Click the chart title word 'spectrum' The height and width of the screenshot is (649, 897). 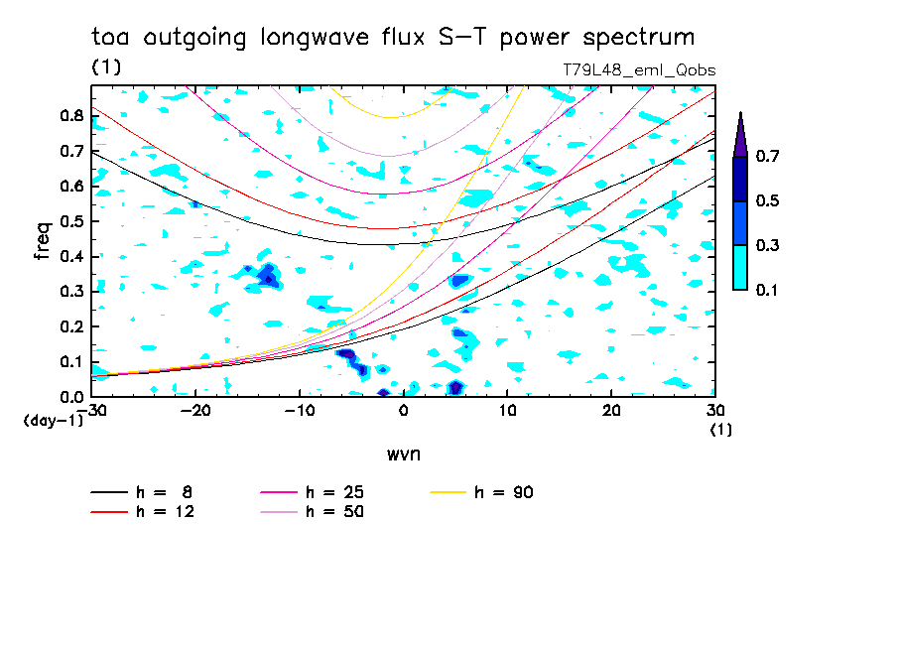(637, 39)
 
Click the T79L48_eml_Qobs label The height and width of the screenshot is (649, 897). (639, 69)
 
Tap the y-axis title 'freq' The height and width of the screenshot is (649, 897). (43, 241)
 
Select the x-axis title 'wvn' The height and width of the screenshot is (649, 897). (403, 454)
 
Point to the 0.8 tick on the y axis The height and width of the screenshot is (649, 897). (70, 115)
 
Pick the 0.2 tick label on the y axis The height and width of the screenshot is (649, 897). (70, 326)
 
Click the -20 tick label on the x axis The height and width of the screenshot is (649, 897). (195, 410)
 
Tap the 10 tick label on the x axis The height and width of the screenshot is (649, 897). (507, 410)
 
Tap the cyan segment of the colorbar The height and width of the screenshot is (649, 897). (740, 267)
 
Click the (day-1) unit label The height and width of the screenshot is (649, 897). (53, 421)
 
